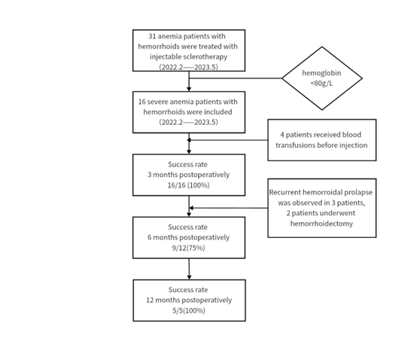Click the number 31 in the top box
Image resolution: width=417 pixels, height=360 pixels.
pyautogui.click(x=152, y=36)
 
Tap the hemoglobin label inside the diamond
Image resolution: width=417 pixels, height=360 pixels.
pyautogui.click(x=321, y=73)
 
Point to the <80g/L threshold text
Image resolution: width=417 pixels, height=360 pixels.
pyautogui.click(x=321, y=84)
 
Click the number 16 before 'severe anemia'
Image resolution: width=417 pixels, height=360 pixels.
pyautogui.click(x=142, y=102)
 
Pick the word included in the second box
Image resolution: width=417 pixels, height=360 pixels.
pyautogui.click(x=218, y=111)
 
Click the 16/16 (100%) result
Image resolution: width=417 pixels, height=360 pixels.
pyautogui.click(x=189, y=185)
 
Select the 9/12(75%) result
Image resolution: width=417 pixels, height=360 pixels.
pyautogui.click(x=189, y=248)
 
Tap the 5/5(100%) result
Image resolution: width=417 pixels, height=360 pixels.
pyautogui.click(x=189, y=310)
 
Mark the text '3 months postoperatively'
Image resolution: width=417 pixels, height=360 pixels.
pyautogui.click(x=189, y=175)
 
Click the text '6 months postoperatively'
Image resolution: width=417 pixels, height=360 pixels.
pyautogui.click(x=189, y=237)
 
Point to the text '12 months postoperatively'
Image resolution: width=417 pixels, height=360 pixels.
pyautogui.click(x=189, y=301)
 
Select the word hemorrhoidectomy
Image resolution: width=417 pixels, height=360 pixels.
pyautogui.click(x=321, y=224)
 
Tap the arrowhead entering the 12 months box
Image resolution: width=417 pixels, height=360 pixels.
pyautogui.click(x=189, y=277)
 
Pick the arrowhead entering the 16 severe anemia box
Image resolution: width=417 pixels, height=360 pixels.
pyautogui.click(x=189, y=89)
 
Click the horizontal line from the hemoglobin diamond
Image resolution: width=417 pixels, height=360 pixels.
pyautogui.click(x=236, y=78)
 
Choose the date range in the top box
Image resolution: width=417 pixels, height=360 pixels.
pyautogui.click(x=189, y=67)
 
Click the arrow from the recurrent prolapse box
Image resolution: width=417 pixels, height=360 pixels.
pyautogui.click(x=228, y=208)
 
